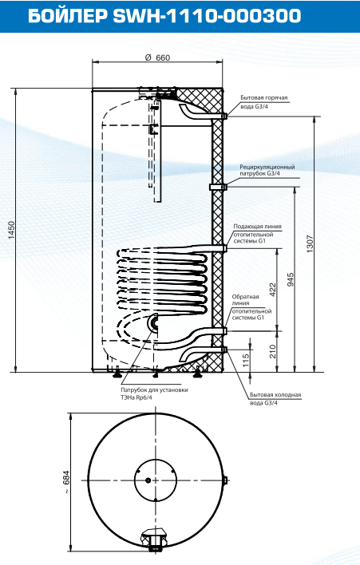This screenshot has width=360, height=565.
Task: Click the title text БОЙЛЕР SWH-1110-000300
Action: click(x=164, y=16)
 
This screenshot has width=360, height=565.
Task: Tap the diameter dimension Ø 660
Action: click(x=157, y=57)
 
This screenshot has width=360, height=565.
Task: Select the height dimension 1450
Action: click(x=11, y=231)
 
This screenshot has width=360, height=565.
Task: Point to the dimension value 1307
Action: click(x=311, y=244)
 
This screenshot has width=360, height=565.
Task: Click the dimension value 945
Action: click(x=291, y=279)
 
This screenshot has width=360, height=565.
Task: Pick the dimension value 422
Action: click(x=273, y=290)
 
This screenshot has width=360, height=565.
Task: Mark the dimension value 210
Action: click(x=273, y=351)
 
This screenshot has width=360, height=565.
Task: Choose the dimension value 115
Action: click(x=245, y=361)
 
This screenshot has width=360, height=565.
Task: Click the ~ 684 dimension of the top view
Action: click(x=66, y=482)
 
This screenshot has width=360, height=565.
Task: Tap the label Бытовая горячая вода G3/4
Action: click(x=263, y=102)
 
